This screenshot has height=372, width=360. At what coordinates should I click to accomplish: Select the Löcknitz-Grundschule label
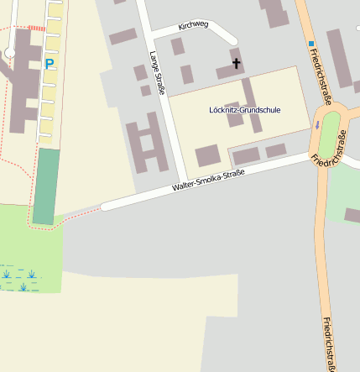click(245, 110)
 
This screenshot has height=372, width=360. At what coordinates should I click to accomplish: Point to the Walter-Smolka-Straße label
click(208, 181)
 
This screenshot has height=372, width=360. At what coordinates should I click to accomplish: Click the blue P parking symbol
click(49, 63)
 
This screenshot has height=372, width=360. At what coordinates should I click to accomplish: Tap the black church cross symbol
click(236, 62)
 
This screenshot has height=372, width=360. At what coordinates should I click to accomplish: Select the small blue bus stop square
click(311, 44)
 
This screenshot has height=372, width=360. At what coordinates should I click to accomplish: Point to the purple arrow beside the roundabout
click(317, 125)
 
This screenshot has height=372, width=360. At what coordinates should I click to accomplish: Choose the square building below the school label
click(207, 155)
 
